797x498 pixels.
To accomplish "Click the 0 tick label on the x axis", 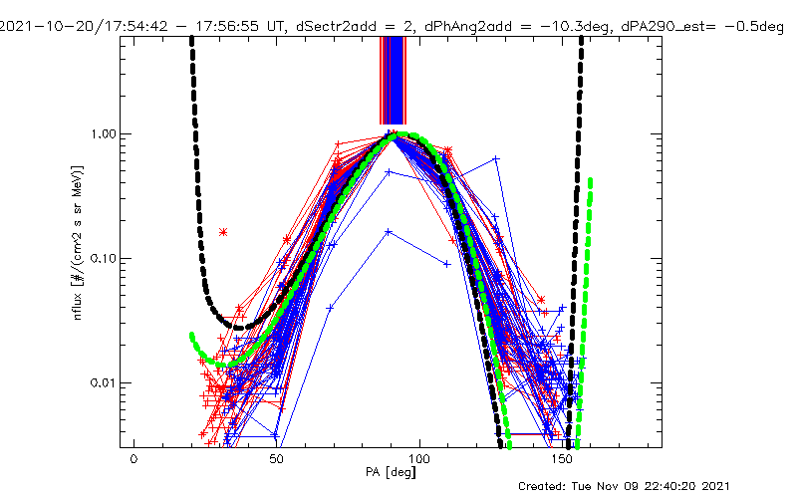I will click(133, 461).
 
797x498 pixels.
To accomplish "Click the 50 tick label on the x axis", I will click(277, 461).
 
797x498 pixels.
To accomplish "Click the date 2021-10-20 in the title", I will click(40, 9).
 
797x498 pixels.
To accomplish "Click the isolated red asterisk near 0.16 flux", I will click(223, 232).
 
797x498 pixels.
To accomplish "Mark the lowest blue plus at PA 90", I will click(389, 232).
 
